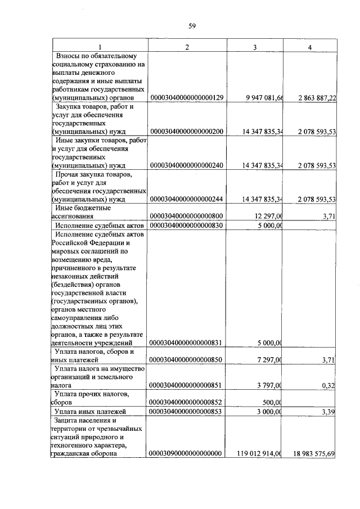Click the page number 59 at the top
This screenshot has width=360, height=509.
[191, 26]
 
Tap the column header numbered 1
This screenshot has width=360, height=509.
[100, 47]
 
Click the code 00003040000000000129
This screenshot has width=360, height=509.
[187, 98]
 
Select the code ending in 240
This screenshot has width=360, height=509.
[187, 165]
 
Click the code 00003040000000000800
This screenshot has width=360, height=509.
[187, 216]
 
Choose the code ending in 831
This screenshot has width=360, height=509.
[187, 343]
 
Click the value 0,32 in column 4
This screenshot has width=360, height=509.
[328, 386]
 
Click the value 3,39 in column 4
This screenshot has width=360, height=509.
[328, 412]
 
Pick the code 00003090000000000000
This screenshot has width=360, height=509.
[187, 453]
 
